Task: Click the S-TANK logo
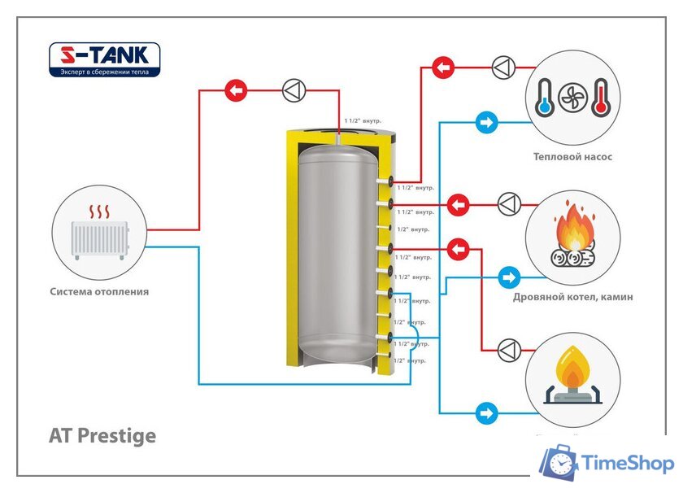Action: tap(105, 56)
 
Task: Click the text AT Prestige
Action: tap(102, 435)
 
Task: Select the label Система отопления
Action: tap(99, 291)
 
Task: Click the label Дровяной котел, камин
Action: tap(572, 297)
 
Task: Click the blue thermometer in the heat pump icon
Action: tap(543, 97)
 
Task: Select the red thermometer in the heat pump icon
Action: tap(601, 97)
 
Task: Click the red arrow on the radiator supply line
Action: tap(235, 90)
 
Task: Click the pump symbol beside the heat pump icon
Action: tap(503, 66)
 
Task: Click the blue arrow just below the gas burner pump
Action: tap(486, 412)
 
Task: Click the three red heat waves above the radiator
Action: tap(99, 213)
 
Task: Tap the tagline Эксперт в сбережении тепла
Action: tap(105, 72)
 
